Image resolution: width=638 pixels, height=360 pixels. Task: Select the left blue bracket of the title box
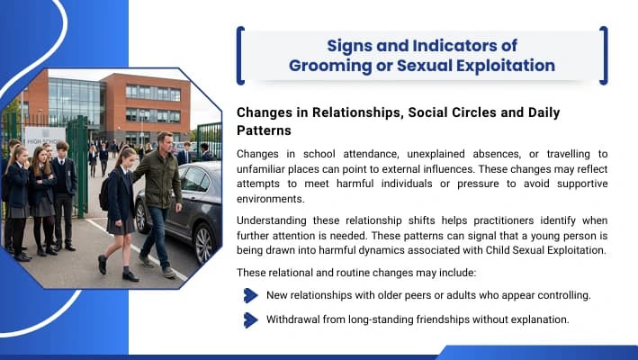240,56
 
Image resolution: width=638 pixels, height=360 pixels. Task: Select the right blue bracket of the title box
604,56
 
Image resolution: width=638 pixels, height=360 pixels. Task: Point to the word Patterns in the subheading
264,130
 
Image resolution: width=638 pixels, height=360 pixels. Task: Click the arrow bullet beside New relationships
251,295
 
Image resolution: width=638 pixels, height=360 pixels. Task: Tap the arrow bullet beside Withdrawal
251,320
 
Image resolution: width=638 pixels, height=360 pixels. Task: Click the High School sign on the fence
44,141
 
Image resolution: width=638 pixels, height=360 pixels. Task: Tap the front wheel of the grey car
203,244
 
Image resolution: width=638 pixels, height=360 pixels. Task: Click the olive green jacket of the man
160,179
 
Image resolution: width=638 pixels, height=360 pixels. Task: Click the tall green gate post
82,166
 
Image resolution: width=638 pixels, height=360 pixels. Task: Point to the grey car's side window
194,179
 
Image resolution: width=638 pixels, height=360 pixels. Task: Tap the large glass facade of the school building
75,102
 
